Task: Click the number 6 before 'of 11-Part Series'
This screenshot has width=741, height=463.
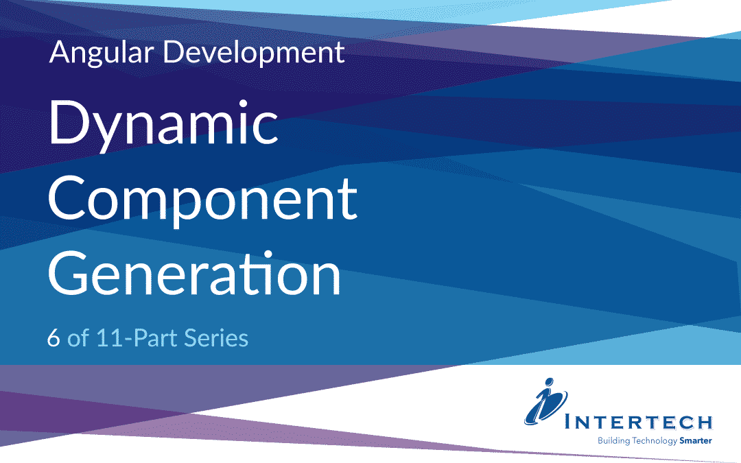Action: (x=54, y=338)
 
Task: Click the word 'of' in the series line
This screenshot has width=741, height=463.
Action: (x=78, y=338)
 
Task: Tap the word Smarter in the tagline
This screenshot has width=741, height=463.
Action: (x=696, y=440)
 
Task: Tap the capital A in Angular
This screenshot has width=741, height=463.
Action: (x=60, y=53)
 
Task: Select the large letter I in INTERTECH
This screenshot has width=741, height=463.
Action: (x=569, y=421)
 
